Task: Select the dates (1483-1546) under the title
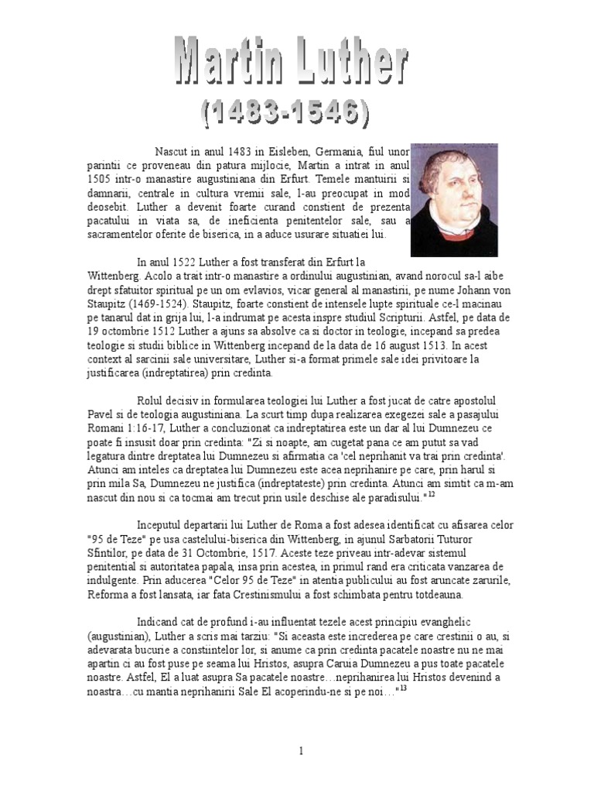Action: (286, 114)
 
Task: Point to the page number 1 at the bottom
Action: (301, 750)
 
